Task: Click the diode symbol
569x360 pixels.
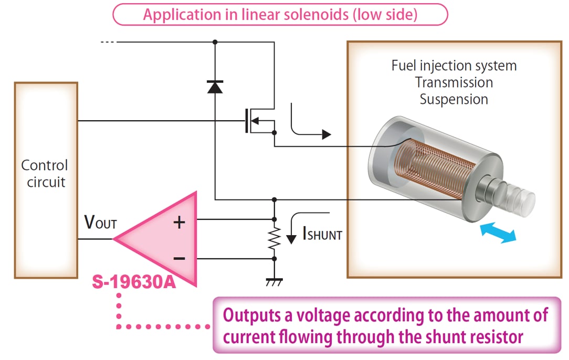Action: (x=215, y=87)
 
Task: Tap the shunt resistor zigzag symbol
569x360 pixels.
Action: (x=273, y=239)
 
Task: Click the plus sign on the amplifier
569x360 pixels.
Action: (x=180, y=223)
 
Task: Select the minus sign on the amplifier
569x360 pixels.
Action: (x=180, y=258)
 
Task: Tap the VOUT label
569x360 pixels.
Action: (x=100, y=223)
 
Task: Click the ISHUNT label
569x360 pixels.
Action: (x=322, y=234)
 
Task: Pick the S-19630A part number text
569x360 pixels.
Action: (x=133, y=284)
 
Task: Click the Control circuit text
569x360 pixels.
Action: (x=45, y=174)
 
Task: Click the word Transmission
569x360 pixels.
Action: (x=454, y=82)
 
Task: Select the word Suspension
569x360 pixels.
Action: (x=454, y=99)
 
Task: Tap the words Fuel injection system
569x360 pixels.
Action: (x=454, y=66)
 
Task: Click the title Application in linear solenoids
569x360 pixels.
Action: (x=280, y=14)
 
